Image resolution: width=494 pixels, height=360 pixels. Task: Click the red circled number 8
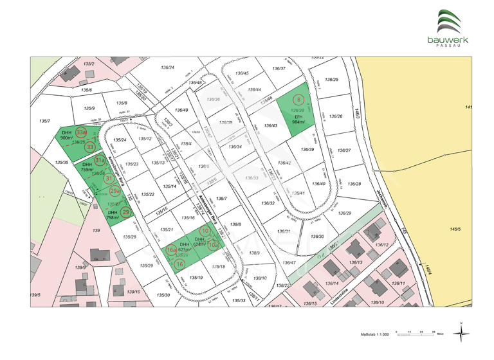click(299, 100)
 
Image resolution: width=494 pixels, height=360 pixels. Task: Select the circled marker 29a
click(114, 191)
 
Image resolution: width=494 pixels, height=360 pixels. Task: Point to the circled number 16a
click(171, 250)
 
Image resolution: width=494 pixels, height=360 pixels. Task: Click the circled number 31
click(109, 178)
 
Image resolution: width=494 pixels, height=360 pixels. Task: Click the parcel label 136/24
click(167, 67)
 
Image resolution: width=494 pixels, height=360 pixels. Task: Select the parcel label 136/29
click(345, 213)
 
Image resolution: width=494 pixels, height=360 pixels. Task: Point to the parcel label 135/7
click(44, 121)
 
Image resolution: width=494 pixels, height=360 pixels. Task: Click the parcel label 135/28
click(129, 237)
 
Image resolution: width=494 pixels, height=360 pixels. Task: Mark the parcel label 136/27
click(344, 150)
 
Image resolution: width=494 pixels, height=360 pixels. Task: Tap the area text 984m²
click(298, 122)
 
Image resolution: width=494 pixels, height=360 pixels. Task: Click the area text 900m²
click(66, 138)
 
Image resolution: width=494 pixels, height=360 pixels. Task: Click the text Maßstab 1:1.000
click(376, 335)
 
